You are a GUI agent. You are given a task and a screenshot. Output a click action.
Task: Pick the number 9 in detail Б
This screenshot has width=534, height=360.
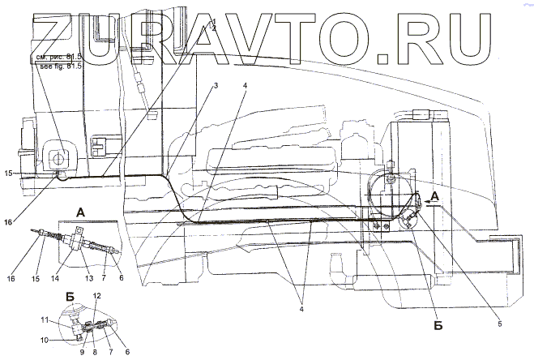click(x=82, y=352)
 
